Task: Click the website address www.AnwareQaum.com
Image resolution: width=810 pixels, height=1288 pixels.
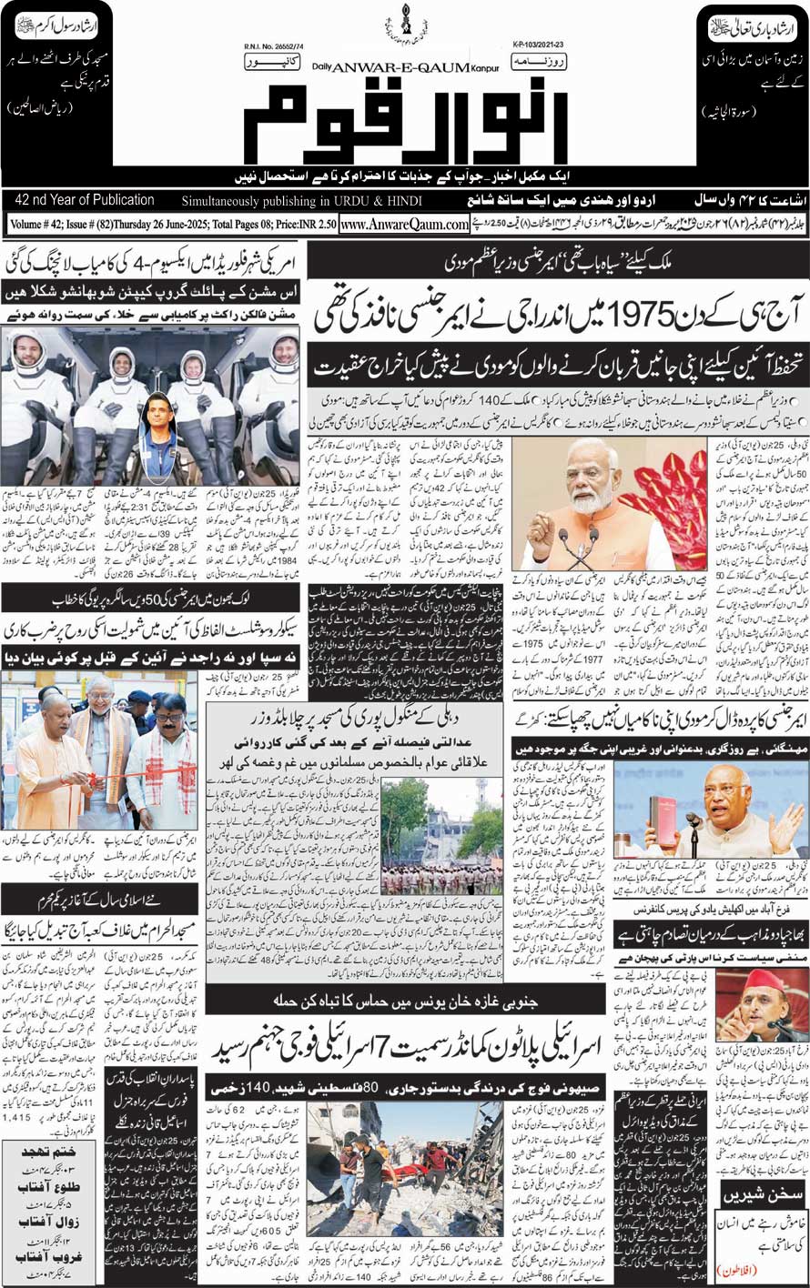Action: (404, 224)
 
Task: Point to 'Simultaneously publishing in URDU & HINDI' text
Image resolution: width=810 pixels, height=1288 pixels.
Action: (298, 201)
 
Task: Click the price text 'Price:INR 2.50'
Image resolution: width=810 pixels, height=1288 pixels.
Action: (296, 224)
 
